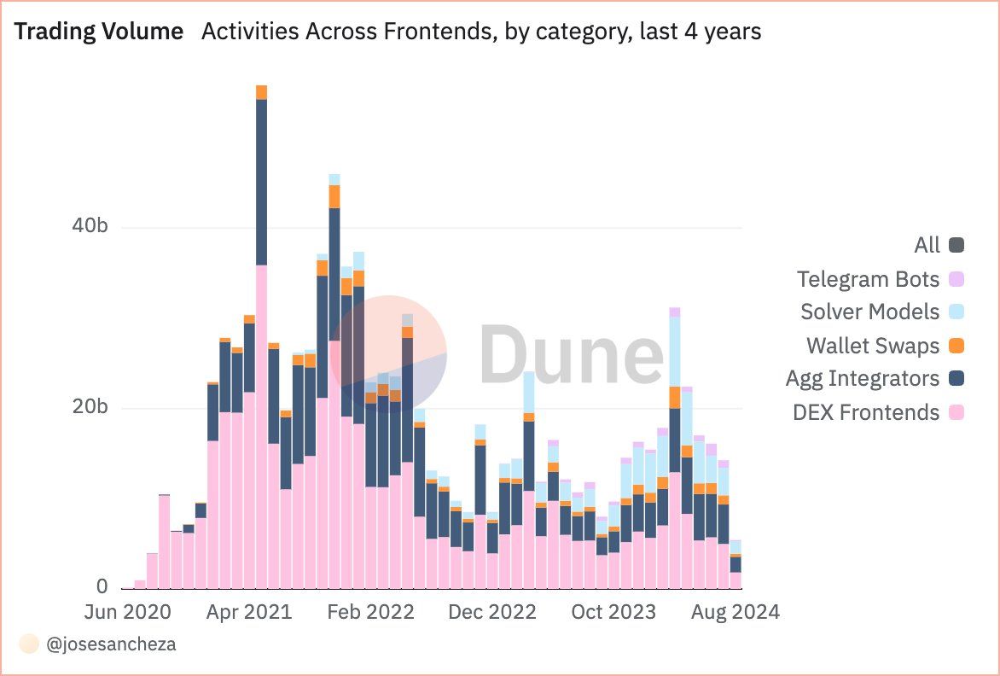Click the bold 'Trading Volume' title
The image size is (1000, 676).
coord(99,32)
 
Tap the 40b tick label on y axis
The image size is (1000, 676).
coord(90,228)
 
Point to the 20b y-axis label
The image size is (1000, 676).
coord(90,407)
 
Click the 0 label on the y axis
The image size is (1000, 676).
coord(102,587)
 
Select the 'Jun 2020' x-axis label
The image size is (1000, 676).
coord(128,613)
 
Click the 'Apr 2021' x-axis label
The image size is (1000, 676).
coord(250,613)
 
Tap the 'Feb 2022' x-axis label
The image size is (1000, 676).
coord(372,613)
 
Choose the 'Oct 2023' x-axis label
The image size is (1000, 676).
coord(614,613)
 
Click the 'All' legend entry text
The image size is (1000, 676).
coord(927,246)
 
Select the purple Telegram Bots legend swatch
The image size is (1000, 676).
coord(956,279)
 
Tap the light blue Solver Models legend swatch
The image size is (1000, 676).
coord(956,312)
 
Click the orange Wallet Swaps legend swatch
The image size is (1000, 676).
coord(956,346)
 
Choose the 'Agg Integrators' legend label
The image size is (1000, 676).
coord(862,379)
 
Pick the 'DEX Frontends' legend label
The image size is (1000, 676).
coord(865,412)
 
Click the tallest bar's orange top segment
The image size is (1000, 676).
coord(261,92)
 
